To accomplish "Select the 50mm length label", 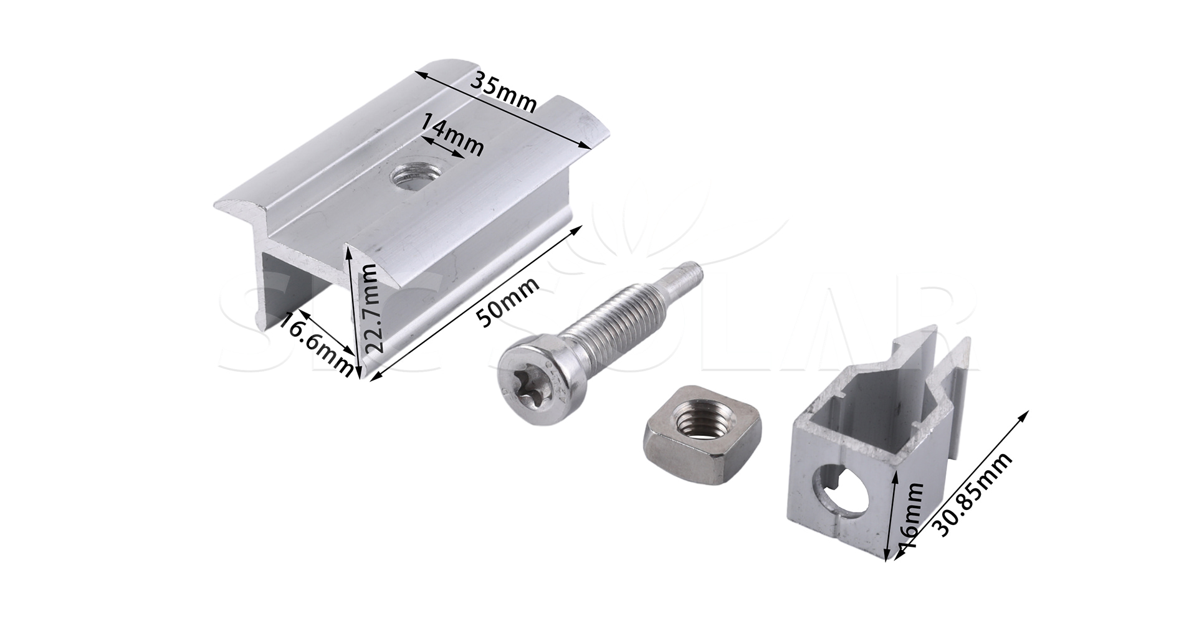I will pos(507,302).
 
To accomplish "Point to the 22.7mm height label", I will pos(369,309).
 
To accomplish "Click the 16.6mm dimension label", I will pos(315,345).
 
